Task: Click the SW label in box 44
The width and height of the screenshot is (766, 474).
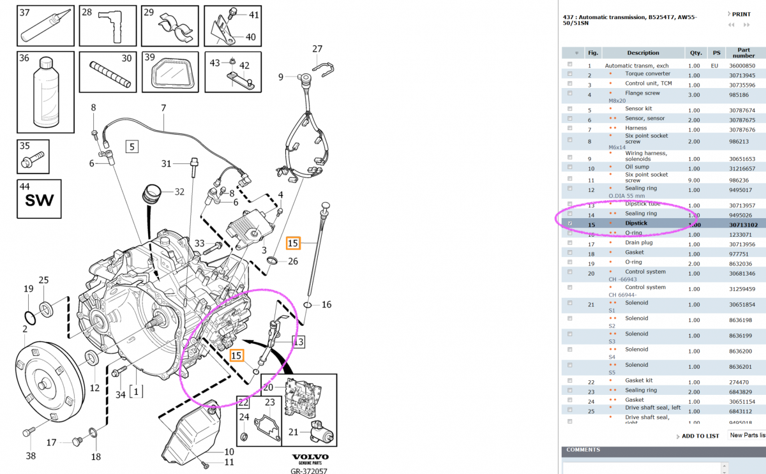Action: pos(40,203)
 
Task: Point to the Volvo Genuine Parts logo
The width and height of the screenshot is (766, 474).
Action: pos(310,459)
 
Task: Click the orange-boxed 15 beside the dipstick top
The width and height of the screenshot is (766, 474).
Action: pos(293,243)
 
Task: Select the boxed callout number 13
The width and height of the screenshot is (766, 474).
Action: pos(298,342)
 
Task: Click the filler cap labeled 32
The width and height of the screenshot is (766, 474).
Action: pos(151,193)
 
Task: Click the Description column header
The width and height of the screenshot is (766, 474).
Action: pos(643,53)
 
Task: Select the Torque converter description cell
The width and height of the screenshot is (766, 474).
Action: pos(647,74)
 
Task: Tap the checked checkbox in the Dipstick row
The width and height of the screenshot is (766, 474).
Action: pos(569,224)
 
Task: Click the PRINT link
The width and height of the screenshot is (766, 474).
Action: pos(740,14)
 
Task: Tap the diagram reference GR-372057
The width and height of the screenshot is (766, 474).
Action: pos(310,470)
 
